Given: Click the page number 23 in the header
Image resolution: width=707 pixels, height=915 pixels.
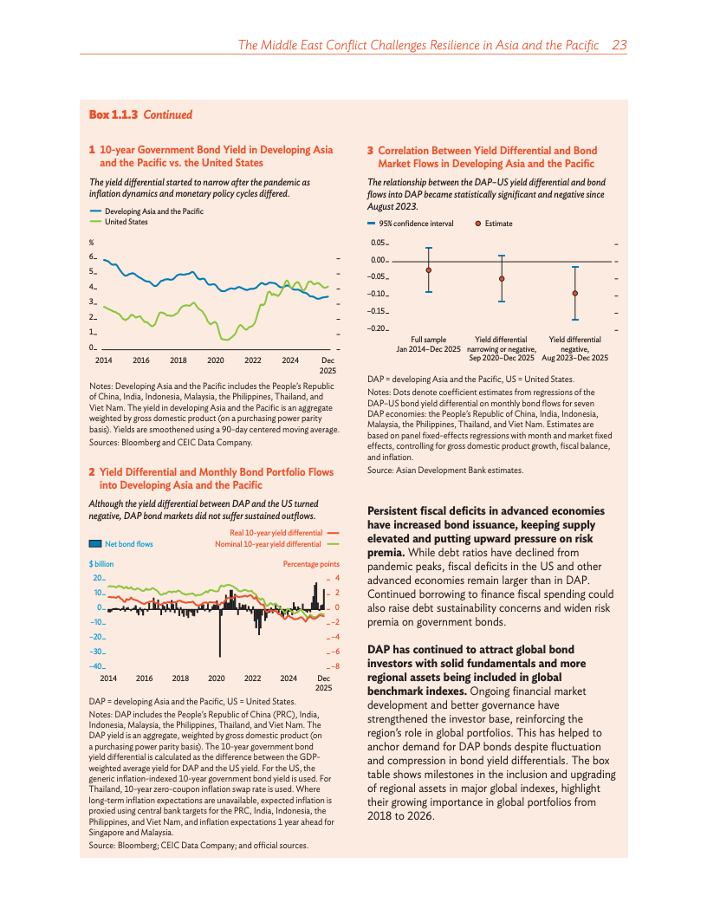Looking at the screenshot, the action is point(619,45).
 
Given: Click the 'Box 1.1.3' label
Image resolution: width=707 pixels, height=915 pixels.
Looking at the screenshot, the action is point(114,114).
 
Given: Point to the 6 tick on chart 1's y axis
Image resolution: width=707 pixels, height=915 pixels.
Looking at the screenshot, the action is point(92,256).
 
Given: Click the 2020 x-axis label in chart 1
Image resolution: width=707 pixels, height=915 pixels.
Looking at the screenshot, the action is point(215,360).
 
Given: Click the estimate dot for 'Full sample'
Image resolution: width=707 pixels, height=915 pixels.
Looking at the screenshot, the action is point(429,270).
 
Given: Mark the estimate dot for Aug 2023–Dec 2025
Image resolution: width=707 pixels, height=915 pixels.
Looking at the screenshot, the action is point(575,294).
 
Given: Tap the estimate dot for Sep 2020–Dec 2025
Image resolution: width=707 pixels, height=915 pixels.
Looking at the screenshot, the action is point(502,279).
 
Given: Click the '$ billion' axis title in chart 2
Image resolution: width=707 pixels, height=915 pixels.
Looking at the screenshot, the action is point(101,564).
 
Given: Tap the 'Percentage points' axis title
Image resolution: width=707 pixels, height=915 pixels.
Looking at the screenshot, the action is point(311,564).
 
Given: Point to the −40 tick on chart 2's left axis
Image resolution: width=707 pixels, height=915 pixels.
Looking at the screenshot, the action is point(96,666).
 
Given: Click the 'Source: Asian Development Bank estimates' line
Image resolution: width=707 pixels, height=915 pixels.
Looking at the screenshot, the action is point(445,470).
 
